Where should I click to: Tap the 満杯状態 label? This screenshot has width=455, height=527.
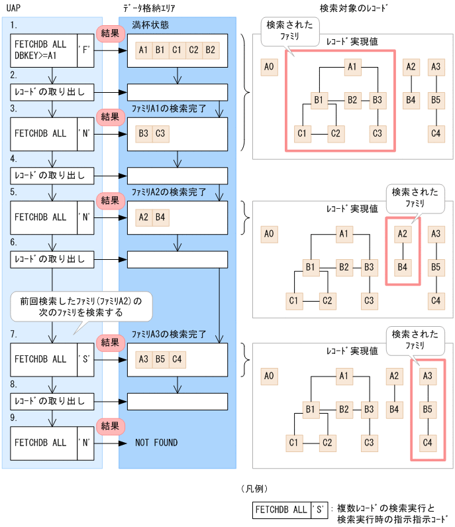150,25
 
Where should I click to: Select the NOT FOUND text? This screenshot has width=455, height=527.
156,442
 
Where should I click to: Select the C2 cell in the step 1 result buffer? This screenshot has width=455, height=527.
193,50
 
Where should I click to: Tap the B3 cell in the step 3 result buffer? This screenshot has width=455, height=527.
143,133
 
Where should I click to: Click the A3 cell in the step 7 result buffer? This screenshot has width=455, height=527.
143,359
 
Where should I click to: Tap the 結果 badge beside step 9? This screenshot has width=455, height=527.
110,426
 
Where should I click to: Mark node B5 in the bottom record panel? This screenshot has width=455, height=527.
427,409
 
